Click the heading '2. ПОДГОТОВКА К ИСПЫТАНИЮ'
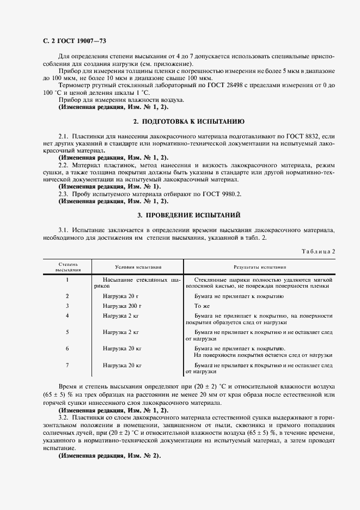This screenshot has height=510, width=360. [x=190, y=121]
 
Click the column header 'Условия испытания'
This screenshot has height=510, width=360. [x=138, y=268]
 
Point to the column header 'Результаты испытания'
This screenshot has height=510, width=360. [x=260, y=268]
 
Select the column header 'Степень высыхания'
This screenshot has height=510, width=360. [x=68, y=267]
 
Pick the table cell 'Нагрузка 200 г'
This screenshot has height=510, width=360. [x=123, y=306]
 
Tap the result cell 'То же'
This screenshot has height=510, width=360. [x=202, y=306]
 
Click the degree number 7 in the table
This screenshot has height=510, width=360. [x=67, y=365]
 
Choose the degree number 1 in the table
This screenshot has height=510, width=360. [x=67, y=280]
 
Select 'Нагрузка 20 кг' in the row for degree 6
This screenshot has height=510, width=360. [x=123, y=348]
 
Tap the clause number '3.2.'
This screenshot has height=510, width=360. [x=64, y=417]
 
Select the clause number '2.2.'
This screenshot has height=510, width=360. [x=64, y=165]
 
